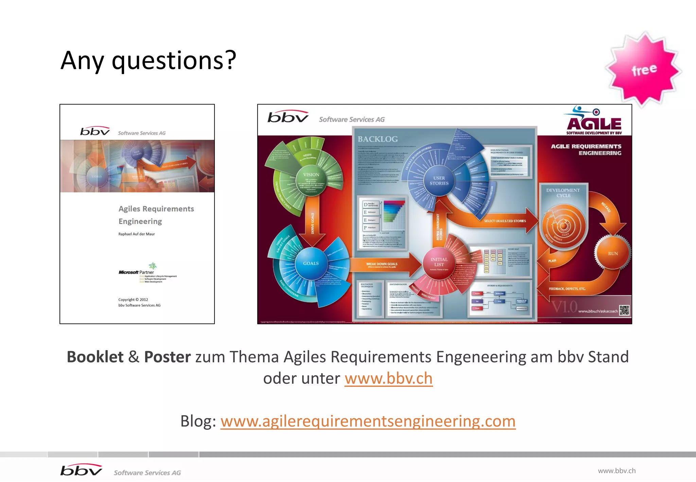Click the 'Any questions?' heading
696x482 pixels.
pos(148,60)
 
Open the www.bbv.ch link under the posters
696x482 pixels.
pos(388,378)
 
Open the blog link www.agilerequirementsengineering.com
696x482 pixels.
pos(368,421)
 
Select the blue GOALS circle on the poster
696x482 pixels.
pos(311,263)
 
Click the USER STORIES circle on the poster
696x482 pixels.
pos(439,180)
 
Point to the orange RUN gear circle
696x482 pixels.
pos(613,254)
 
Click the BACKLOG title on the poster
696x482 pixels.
pos(378,139)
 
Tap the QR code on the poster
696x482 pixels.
pos(624,310)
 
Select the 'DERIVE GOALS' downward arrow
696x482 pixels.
pos(312,221)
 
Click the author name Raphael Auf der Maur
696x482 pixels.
pos(137,234)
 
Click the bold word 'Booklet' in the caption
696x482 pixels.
pos(95,357)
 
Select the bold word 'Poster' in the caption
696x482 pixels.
pos(167,357)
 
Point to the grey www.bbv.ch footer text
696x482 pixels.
pos(616,471)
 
